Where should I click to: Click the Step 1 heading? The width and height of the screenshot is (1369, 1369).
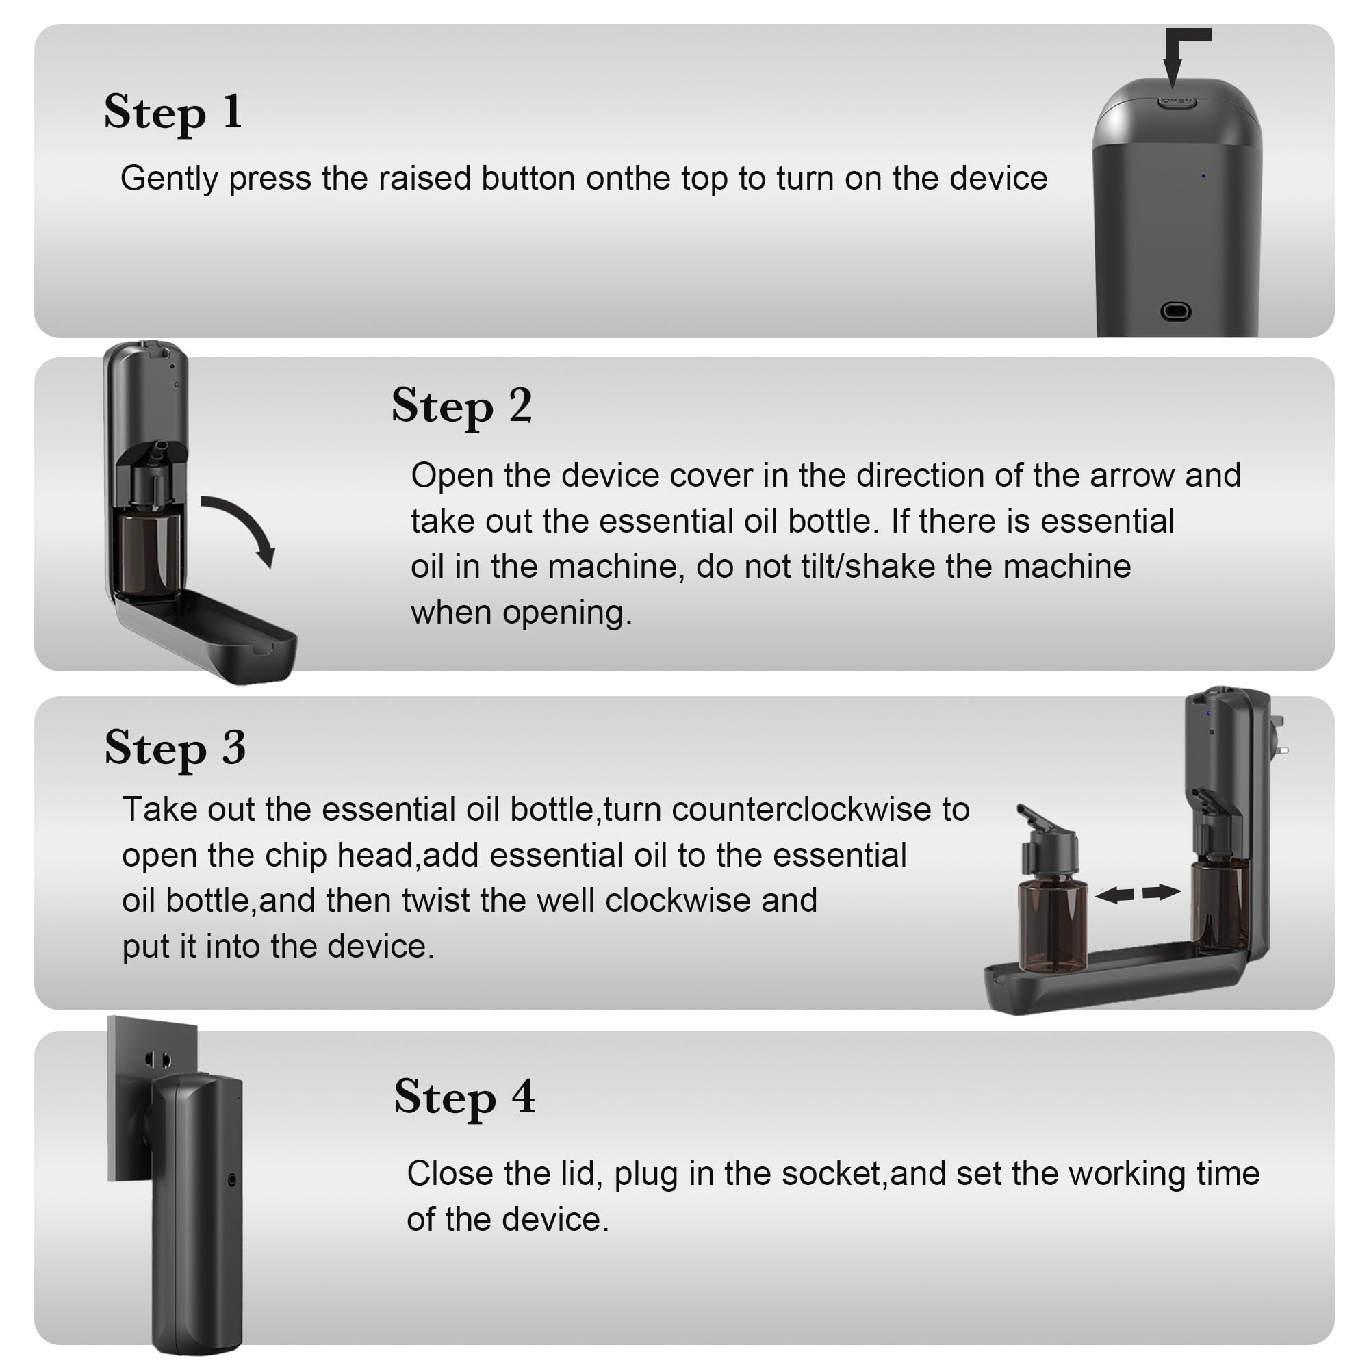pos(173,113)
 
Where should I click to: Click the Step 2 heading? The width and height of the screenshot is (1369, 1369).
pos(461,407)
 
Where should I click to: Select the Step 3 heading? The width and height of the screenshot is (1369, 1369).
pos(175,748)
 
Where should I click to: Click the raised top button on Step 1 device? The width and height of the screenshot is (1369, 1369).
pos(1177,101)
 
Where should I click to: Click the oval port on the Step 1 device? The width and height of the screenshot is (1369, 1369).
pos(1175,311)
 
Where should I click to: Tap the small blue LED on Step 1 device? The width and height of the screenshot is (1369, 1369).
pos(1203,176)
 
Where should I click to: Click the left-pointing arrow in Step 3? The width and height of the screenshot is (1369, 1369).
pos(1114,895)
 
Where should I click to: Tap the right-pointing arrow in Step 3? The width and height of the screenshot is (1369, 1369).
pos(1162,892)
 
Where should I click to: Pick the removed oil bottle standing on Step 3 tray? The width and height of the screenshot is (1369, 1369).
pos(1051,914)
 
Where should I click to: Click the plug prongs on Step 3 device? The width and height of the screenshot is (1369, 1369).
pos(1279,737)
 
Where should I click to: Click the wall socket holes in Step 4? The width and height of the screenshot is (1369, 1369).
pos(157,1061)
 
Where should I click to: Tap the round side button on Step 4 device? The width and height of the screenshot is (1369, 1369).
pos(233,1180)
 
